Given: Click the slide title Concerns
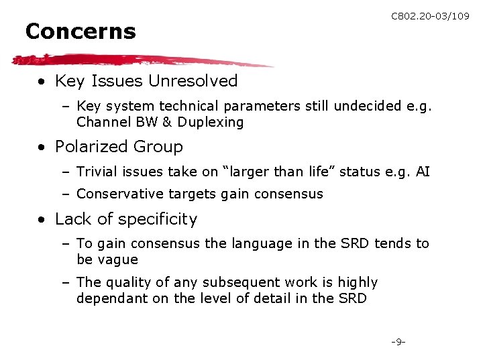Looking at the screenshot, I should [80, 32].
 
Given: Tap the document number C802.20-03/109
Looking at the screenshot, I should [430, 16].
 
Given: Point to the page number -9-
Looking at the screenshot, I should [398, 343].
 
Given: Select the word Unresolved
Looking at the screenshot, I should [193, 81].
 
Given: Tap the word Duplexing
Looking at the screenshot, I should [211, 122].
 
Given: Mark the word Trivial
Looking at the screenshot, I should [97, 172].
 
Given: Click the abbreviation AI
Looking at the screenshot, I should [423, 172].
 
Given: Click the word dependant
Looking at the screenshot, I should [108, 298].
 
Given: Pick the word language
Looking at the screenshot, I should [253, 243].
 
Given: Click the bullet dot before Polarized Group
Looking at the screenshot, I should [42, 147].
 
